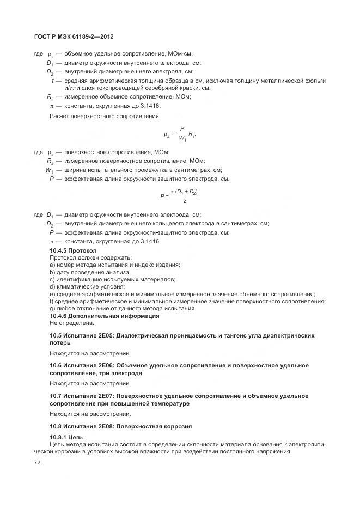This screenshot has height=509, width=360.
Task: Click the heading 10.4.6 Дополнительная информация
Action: [97, 316]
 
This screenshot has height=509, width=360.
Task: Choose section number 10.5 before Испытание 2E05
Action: [56, 336]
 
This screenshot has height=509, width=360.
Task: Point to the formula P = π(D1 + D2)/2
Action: [180, 197]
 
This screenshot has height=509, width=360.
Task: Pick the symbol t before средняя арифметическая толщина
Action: [52, 81]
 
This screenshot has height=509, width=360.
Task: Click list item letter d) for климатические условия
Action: [52, 286]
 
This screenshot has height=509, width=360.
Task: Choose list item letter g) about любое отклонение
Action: [52, 308]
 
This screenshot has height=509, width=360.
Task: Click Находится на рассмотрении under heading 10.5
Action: [82, 353]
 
